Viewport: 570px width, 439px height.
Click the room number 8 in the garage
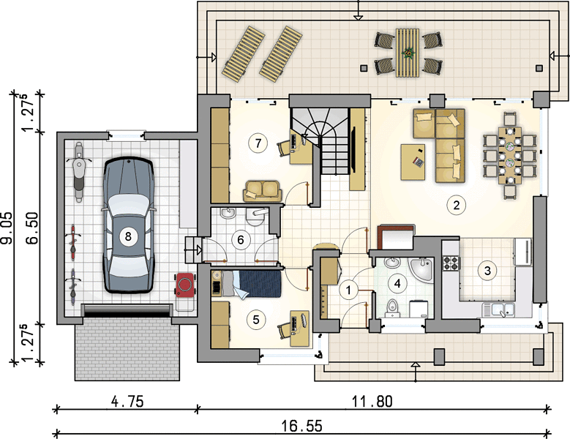coord(127,236)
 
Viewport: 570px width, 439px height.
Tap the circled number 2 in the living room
coord(456,205)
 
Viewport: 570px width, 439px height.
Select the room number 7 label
coord(258,143)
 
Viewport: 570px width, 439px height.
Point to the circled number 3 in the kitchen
coord(487,271)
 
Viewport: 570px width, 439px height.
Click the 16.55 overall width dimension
coord(302,426)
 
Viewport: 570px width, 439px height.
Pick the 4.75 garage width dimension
coord(127,402)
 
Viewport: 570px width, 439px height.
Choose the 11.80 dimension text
coord(372,402)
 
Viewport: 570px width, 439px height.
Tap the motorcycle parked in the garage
coord(78,172)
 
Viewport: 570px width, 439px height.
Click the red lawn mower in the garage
coord(185,285)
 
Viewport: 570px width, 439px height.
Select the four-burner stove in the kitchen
coord(451,263)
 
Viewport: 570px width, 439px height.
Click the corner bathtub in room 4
coord(421,271)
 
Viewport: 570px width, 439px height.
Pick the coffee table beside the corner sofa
coord(413,162)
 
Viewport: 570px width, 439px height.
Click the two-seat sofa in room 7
coord(263,191)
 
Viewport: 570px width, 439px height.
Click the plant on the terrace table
coord(409,53)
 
